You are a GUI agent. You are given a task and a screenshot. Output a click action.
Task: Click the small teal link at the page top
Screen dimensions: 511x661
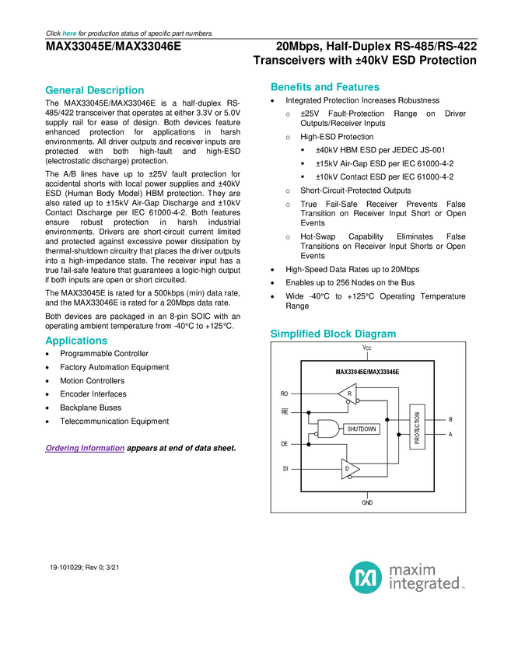[x=69, y=33]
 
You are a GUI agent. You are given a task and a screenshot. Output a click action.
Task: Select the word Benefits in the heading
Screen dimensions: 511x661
[x=289, y=88]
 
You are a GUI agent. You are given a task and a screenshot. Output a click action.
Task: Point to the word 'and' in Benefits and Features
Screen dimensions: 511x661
[x=323, y=88]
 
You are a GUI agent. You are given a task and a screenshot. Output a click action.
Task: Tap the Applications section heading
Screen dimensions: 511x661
[x=76, y=341]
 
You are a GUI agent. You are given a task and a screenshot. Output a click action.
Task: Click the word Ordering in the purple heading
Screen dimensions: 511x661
[x=63, y=449]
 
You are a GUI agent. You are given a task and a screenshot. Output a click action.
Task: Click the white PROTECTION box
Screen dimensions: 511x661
[x=418, y=427]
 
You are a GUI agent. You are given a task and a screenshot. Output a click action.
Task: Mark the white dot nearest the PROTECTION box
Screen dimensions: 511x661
[x=358, y=401]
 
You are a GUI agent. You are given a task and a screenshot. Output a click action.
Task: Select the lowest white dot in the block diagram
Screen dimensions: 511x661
[x=350, y=477]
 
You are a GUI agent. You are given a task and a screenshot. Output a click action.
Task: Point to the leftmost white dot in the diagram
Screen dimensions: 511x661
[x=316, y=434]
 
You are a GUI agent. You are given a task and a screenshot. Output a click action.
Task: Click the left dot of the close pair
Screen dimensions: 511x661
[x=347, y=402]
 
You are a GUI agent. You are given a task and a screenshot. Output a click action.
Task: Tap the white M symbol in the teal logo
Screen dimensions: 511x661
[x=366, y=578]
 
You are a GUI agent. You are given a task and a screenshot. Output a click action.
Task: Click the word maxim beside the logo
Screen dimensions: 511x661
[x=413, y=569]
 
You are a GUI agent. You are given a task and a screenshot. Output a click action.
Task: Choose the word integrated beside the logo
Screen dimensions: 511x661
[x=426, y=586]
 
